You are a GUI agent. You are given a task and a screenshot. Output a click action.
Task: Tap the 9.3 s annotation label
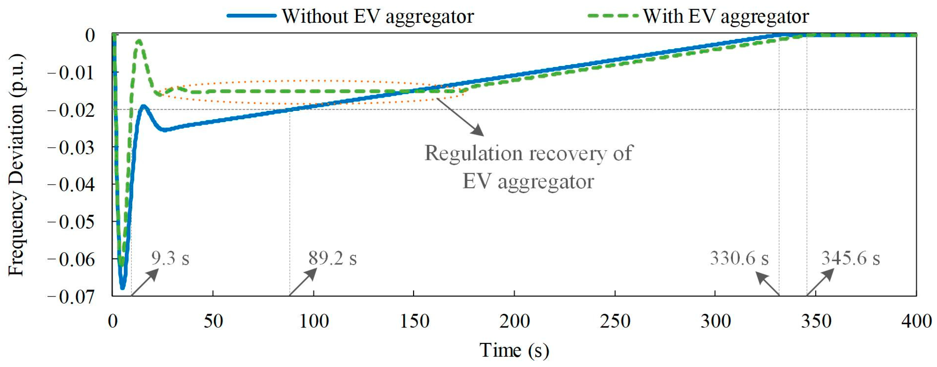click(170, 258)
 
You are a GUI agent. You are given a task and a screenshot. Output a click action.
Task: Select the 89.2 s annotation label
click(333, 258)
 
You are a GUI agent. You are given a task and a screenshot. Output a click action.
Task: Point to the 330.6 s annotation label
click(739, 258)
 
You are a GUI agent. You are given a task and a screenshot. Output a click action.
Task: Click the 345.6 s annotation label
click(851, 258)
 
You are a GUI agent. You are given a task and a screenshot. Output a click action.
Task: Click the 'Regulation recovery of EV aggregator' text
click(528, 167)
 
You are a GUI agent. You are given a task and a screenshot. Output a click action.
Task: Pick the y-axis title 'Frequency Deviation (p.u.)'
click(17, 166)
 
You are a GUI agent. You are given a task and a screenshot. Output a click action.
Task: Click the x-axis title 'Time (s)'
click(514, 350)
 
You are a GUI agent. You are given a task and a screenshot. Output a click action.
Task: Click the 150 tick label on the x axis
click(414, 322)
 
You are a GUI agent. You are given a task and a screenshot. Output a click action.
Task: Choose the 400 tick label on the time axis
click(916, 322)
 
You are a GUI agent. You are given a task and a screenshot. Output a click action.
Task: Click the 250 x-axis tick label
click(615, 322)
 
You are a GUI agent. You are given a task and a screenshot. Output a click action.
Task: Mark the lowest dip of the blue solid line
click(123, 287)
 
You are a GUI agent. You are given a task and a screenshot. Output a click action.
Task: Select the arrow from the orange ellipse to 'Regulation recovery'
click(461, 117)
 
